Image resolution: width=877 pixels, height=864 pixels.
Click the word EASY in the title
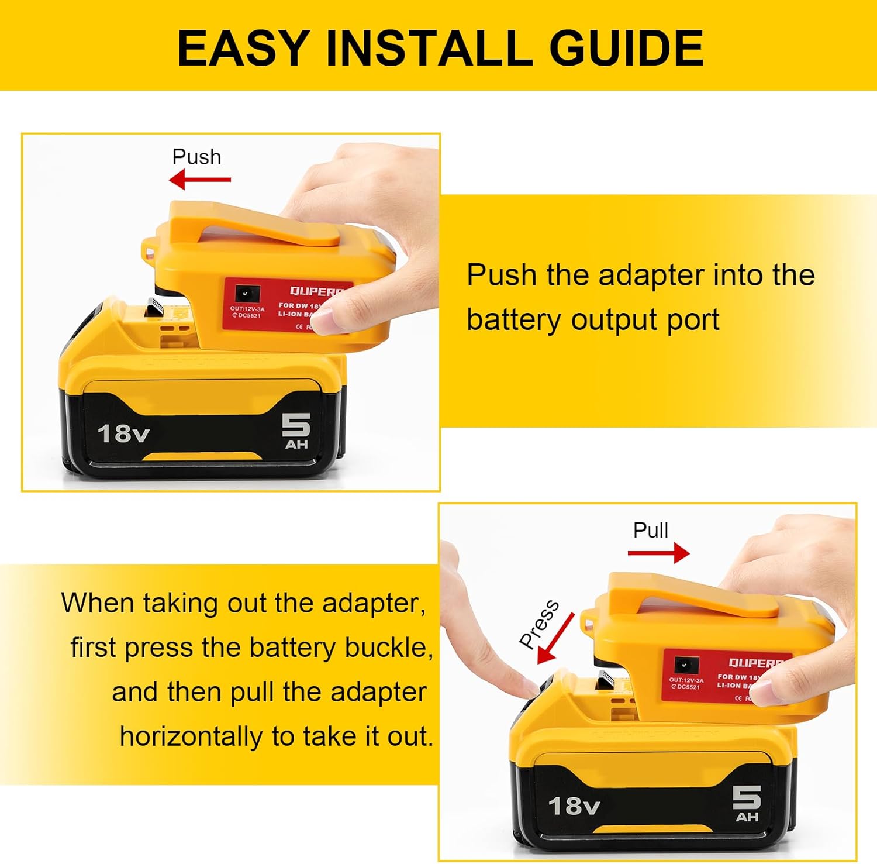point(243,48)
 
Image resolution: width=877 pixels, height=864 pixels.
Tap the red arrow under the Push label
point(200,180)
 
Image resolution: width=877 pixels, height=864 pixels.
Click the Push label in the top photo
point(196,157)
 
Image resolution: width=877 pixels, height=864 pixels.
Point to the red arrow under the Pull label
point(658,553)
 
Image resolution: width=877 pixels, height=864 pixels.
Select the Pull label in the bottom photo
point(650,531)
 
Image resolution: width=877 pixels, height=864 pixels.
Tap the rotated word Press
point(538,624)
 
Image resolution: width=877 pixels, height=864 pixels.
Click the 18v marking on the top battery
point(123,434)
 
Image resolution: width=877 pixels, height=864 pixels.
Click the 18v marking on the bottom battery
point(574,806)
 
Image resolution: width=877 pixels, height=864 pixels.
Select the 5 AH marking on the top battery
point(296,431)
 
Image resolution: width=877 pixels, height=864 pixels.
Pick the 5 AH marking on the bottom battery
point(747,804)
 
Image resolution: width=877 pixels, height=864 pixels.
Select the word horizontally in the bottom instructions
point(191,736)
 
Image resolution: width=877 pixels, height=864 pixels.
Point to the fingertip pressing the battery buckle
point(529,684)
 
